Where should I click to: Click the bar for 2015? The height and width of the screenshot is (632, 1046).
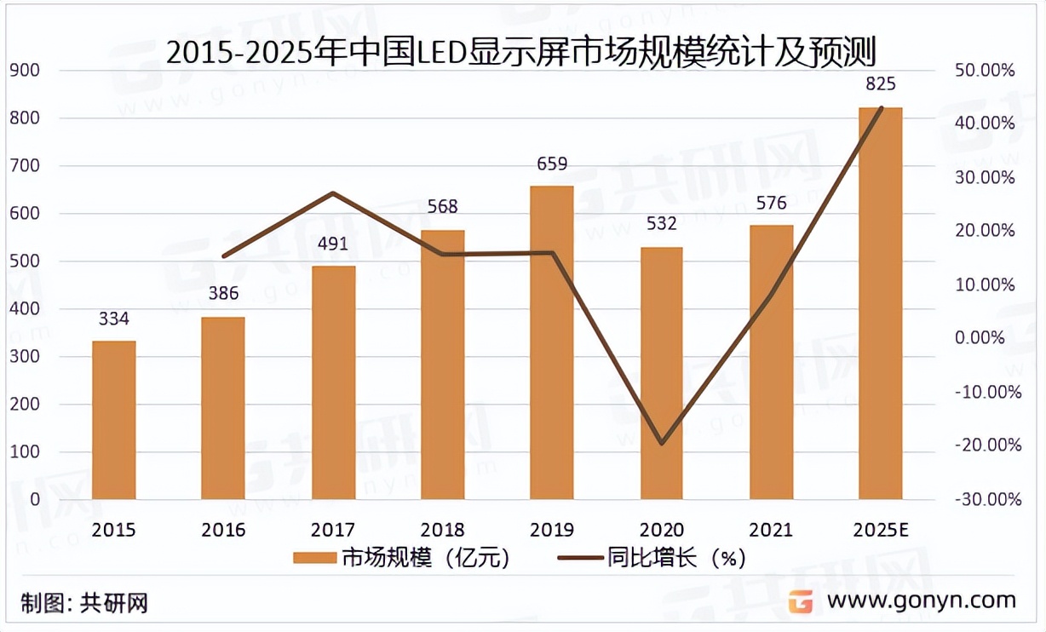pos(114,420)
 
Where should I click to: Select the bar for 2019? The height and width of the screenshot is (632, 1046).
pos(552,342)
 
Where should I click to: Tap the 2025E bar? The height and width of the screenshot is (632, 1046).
pos(880,303)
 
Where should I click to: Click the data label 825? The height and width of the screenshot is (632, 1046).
pos(880,83)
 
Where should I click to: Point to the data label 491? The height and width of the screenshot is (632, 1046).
pos(333,244)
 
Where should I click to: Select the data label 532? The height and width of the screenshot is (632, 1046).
pos(661,224)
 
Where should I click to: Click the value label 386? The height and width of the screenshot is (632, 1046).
pos(223,295)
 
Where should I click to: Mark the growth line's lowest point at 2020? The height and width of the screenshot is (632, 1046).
pos(661,444)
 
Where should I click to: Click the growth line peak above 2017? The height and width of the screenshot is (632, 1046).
pos(333,193)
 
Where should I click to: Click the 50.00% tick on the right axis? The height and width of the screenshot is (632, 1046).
pos(986,71)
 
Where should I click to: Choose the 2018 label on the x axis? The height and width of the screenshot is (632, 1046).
pos(442,530)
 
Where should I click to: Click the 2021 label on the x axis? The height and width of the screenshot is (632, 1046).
pos(771,530)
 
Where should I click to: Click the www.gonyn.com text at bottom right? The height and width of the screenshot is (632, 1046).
pos(922,600)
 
